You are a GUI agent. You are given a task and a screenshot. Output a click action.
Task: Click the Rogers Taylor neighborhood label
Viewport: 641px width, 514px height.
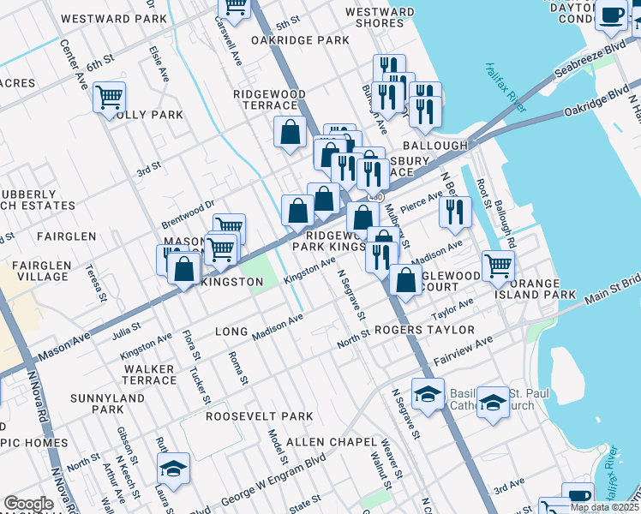[x=423, y=330]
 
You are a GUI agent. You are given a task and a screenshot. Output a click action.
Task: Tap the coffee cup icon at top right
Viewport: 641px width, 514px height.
[x=612, y=15]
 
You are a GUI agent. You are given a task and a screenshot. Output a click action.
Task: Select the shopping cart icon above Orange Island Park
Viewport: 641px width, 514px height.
[x=497, y=265]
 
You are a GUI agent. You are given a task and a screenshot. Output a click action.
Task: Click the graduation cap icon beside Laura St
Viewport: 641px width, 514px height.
[x=172, y=469]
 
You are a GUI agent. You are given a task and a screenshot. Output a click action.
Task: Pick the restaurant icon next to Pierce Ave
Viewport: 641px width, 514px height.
[x=455, y=211]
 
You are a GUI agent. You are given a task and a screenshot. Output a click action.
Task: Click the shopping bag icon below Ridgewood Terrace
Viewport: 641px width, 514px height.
[x=291, y=132]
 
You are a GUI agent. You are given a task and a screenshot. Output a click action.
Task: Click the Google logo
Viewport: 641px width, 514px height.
[x=28, y=504]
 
